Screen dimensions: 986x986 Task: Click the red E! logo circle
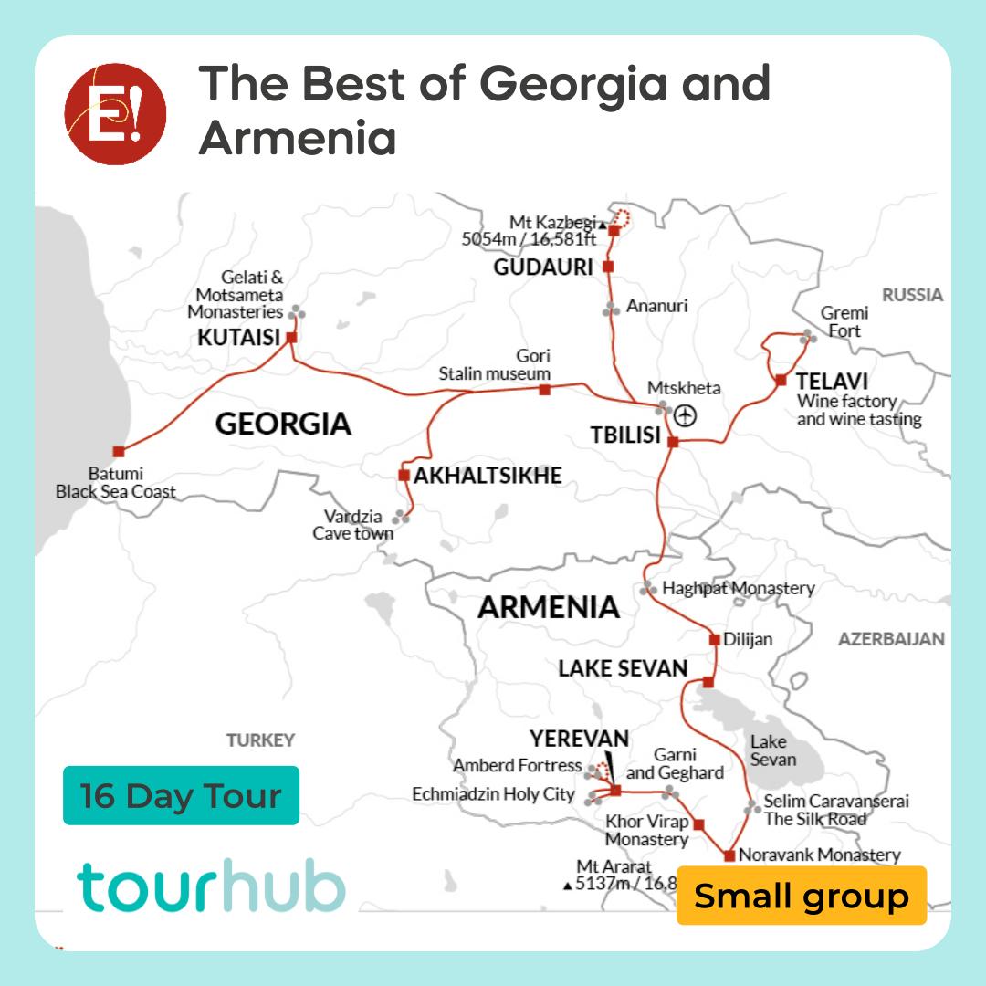115,115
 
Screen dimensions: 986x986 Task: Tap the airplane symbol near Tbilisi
686,415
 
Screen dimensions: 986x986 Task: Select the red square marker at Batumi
118,451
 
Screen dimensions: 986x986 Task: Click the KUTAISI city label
238,338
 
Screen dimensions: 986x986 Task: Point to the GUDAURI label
543,267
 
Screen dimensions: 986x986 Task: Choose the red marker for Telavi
781,380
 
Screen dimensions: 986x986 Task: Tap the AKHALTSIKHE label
488,476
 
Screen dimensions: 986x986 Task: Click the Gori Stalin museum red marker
545,390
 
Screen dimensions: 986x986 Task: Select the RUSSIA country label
912,295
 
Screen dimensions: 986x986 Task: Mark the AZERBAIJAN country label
891,639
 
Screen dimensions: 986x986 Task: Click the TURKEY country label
261,739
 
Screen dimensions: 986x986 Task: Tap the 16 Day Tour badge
181,795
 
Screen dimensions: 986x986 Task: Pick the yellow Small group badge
802,896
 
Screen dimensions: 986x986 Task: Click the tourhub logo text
211,887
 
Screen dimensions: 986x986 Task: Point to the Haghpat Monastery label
738,588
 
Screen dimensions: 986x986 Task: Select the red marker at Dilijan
714,639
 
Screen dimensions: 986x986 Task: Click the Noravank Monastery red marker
729,855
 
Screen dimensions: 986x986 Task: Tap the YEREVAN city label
580,739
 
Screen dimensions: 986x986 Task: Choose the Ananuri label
656,307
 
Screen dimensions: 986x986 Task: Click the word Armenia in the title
298,139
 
